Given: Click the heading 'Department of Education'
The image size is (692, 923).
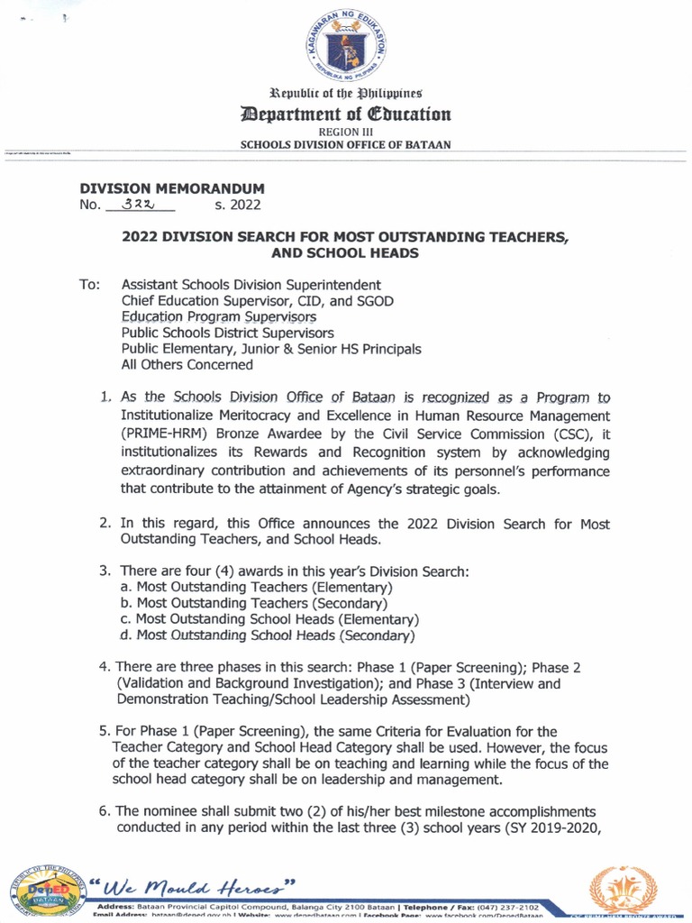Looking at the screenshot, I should coord(345,114).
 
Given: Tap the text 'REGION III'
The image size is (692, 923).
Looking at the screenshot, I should coord(345,132).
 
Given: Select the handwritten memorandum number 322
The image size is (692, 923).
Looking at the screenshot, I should coord(137,204).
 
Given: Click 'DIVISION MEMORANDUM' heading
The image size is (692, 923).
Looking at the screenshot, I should coord(172,188).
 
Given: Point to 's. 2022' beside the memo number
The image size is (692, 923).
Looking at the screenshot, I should coord(238,206).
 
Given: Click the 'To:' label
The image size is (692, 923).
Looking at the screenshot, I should coord(89,284).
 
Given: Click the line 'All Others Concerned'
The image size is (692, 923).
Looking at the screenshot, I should coord(187,365).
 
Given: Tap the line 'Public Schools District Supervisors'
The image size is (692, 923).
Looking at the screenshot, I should coord(228,333).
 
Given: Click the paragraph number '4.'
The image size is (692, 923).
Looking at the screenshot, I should coord(105,667).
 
